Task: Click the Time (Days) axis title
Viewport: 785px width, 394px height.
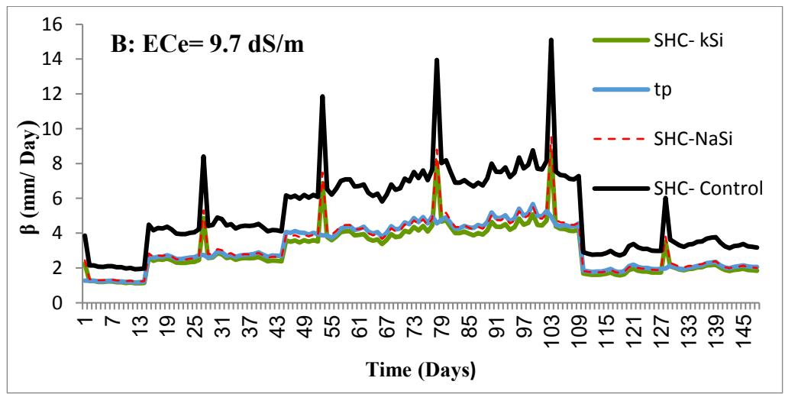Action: tap(422, 372)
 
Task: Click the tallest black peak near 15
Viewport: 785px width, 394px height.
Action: tap(551, 40)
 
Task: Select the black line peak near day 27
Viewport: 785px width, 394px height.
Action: tap(204, 157)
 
